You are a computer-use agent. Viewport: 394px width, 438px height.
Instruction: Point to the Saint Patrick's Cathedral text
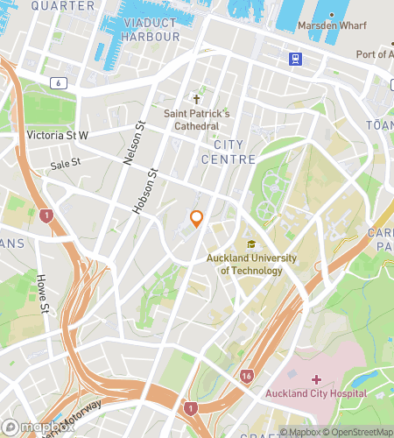tap(196, 120)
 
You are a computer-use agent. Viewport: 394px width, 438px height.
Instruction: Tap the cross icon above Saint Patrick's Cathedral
tap(197, 100)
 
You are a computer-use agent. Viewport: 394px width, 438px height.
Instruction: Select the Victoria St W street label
tap(58, 135)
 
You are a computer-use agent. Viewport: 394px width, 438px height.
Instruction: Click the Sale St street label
tap(65, 163)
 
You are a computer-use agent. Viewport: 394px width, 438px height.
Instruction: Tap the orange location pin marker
tap(197, 219)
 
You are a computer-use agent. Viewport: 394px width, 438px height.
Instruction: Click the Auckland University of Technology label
tap(251, 264)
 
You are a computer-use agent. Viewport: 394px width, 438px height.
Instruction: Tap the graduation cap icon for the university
tap(251, 245)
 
